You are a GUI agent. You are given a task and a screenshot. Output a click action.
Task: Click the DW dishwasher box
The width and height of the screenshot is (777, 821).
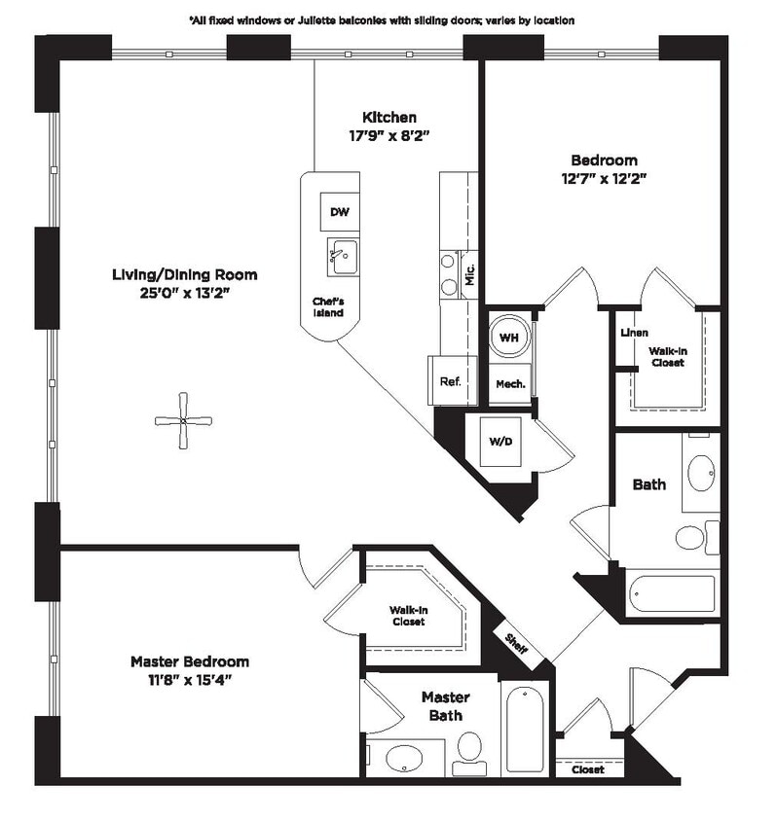[339, 212]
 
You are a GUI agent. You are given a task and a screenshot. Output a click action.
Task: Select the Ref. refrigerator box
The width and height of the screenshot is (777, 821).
[450, 381]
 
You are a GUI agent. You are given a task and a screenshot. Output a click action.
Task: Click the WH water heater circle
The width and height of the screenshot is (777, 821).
[509, 337]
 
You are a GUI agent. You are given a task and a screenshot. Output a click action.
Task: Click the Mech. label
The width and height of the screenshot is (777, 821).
[511, 383]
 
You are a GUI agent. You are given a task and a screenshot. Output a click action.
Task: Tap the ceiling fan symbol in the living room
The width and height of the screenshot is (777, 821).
[183, 420]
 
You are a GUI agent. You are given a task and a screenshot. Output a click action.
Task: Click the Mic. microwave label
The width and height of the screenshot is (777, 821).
[469, 273]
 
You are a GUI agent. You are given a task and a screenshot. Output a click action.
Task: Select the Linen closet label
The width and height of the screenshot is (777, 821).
[635, 333]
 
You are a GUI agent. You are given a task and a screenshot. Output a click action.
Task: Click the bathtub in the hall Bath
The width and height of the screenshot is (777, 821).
[671, 593]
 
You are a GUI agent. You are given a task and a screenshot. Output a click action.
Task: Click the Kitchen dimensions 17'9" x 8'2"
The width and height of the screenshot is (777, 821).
[389, 136]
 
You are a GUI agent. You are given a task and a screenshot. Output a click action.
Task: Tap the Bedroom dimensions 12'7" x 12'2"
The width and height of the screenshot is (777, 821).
[604, 178]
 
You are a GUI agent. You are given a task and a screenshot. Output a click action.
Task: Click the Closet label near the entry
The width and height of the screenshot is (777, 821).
[587, 769]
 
